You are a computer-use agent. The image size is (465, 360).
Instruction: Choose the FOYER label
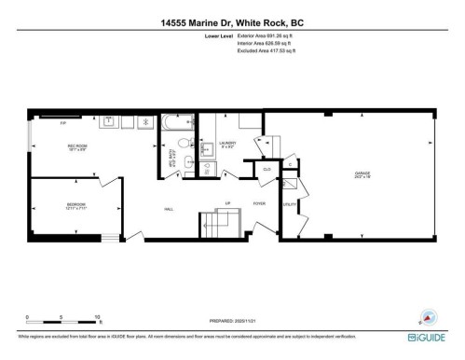tap(259, 202)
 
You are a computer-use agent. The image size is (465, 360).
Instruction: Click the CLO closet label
tap(267, 170)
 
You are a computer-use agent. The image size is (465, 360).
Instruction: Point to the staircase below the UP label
tap(216, 226)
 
